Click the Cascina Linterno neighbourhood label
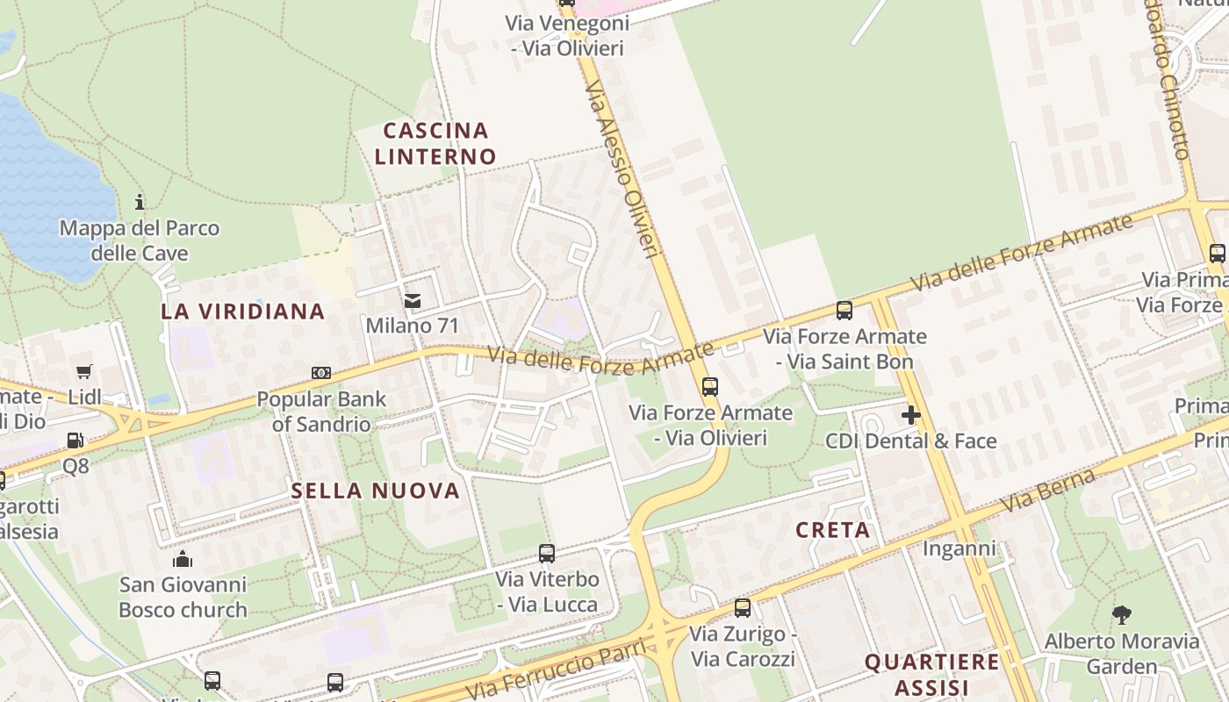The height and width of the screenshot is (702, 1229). point(435,144)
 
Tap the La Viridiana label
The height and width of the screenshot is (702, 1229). point(243,312)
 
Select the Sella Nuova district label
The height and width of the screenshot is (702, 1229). point(376,491)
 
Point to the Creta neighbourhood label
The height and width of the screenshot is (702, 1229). point(833,530)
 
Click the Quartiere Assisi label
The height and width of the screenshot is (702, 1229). point(931,674)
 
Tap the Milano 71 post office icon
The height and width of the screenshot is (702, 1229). point(412,301)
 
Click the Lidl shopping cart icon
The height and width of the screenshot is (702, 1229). point(84,372)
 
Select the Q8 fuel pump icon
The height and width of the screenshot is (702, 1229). point(76,441)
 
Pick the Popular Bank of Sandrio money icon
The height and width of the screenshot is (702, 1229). point(321,373)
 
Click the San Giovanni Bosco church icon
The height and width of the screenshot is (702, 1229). point(183,559)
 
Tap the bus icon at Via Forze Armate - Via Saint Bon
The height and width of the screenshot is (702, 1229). point(844,310)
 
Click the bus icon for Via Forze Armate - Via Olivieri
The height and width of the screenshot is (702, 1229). point(710,386)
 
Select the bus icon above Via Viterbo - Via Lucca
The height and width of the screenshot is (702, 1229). point(547,554)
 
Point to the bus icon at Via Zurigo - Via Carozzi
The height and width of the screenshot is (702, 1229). point(743,607)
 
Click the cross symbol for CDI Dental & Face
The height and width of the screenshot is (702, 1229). point(911,415)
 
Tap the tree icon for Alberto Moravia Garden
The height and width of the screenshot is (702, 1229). point(1122,615)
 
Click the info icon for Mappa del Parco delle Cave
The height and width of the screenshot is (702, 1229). point(140,203)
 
